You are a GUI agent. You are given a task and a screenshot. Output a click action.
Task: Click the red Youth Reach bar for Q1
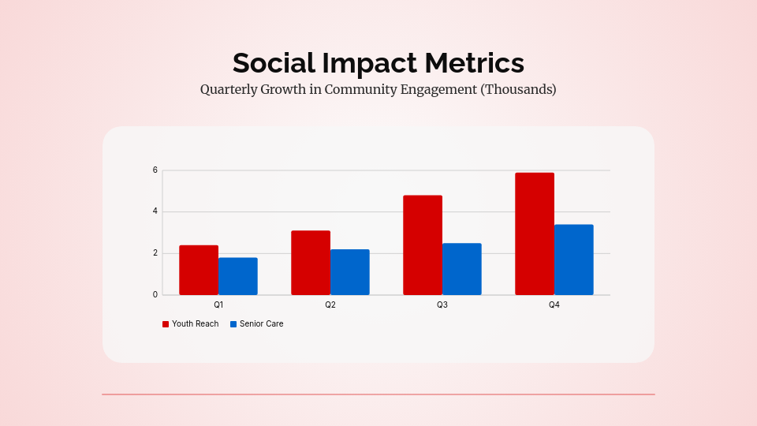click(199, 270)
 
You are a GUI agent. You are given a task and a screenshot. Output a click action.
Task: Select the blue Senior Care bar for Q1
click(238, 276)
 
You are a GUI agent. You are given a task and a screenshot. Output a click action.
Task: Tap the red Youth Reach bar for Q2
click(311, 263)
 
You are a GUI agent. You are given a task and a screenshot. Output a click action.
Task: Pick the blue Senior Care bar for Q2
click(350, 272)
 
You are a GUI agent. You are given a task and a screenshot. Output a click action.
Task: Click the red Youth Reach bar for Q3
click(423, 245)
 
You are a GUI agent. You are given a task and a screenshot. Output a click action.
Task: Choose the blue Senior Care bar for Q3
click(462, 269)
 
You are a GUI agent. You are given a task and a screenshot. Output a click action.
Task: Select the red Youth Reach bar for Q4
click(535, 234)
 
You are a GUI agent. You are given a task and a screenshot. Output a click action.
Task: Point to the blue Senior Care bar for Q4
click(574, 260)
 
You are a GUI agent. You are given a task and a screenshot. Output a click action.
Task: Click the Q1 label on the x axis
click(218, 305)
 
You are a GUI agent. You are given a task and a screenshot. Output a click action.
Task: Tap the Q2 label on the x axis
click(330, 305)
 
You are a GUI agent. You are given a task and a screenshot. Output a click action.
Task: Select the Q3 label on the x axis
click(442, 305)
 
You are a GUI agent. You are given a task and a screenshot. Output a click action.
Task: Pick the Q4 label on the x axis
click(554, 305)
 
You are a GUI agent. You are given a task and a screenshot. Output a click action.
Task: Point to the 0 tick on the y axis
click(155, 295)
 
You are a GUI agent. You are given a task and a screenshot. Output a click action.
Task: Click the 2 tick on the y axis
click(155, 253)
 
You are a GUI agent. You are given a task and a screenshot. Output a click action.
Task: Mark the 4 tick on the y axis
click(155, 211)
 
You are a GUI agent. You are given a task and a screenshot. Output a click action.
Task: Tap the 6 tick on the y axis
click(155, 170)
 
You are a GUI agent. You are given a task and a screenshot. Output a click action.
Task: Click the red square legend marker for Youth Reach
click(166, 324)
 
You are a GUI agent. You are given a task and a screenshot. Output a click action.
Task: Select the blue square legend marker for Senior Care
click(233, 324)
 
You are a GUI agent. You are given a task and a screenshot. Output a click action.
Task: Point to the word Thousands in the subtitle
click(518, 89)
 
